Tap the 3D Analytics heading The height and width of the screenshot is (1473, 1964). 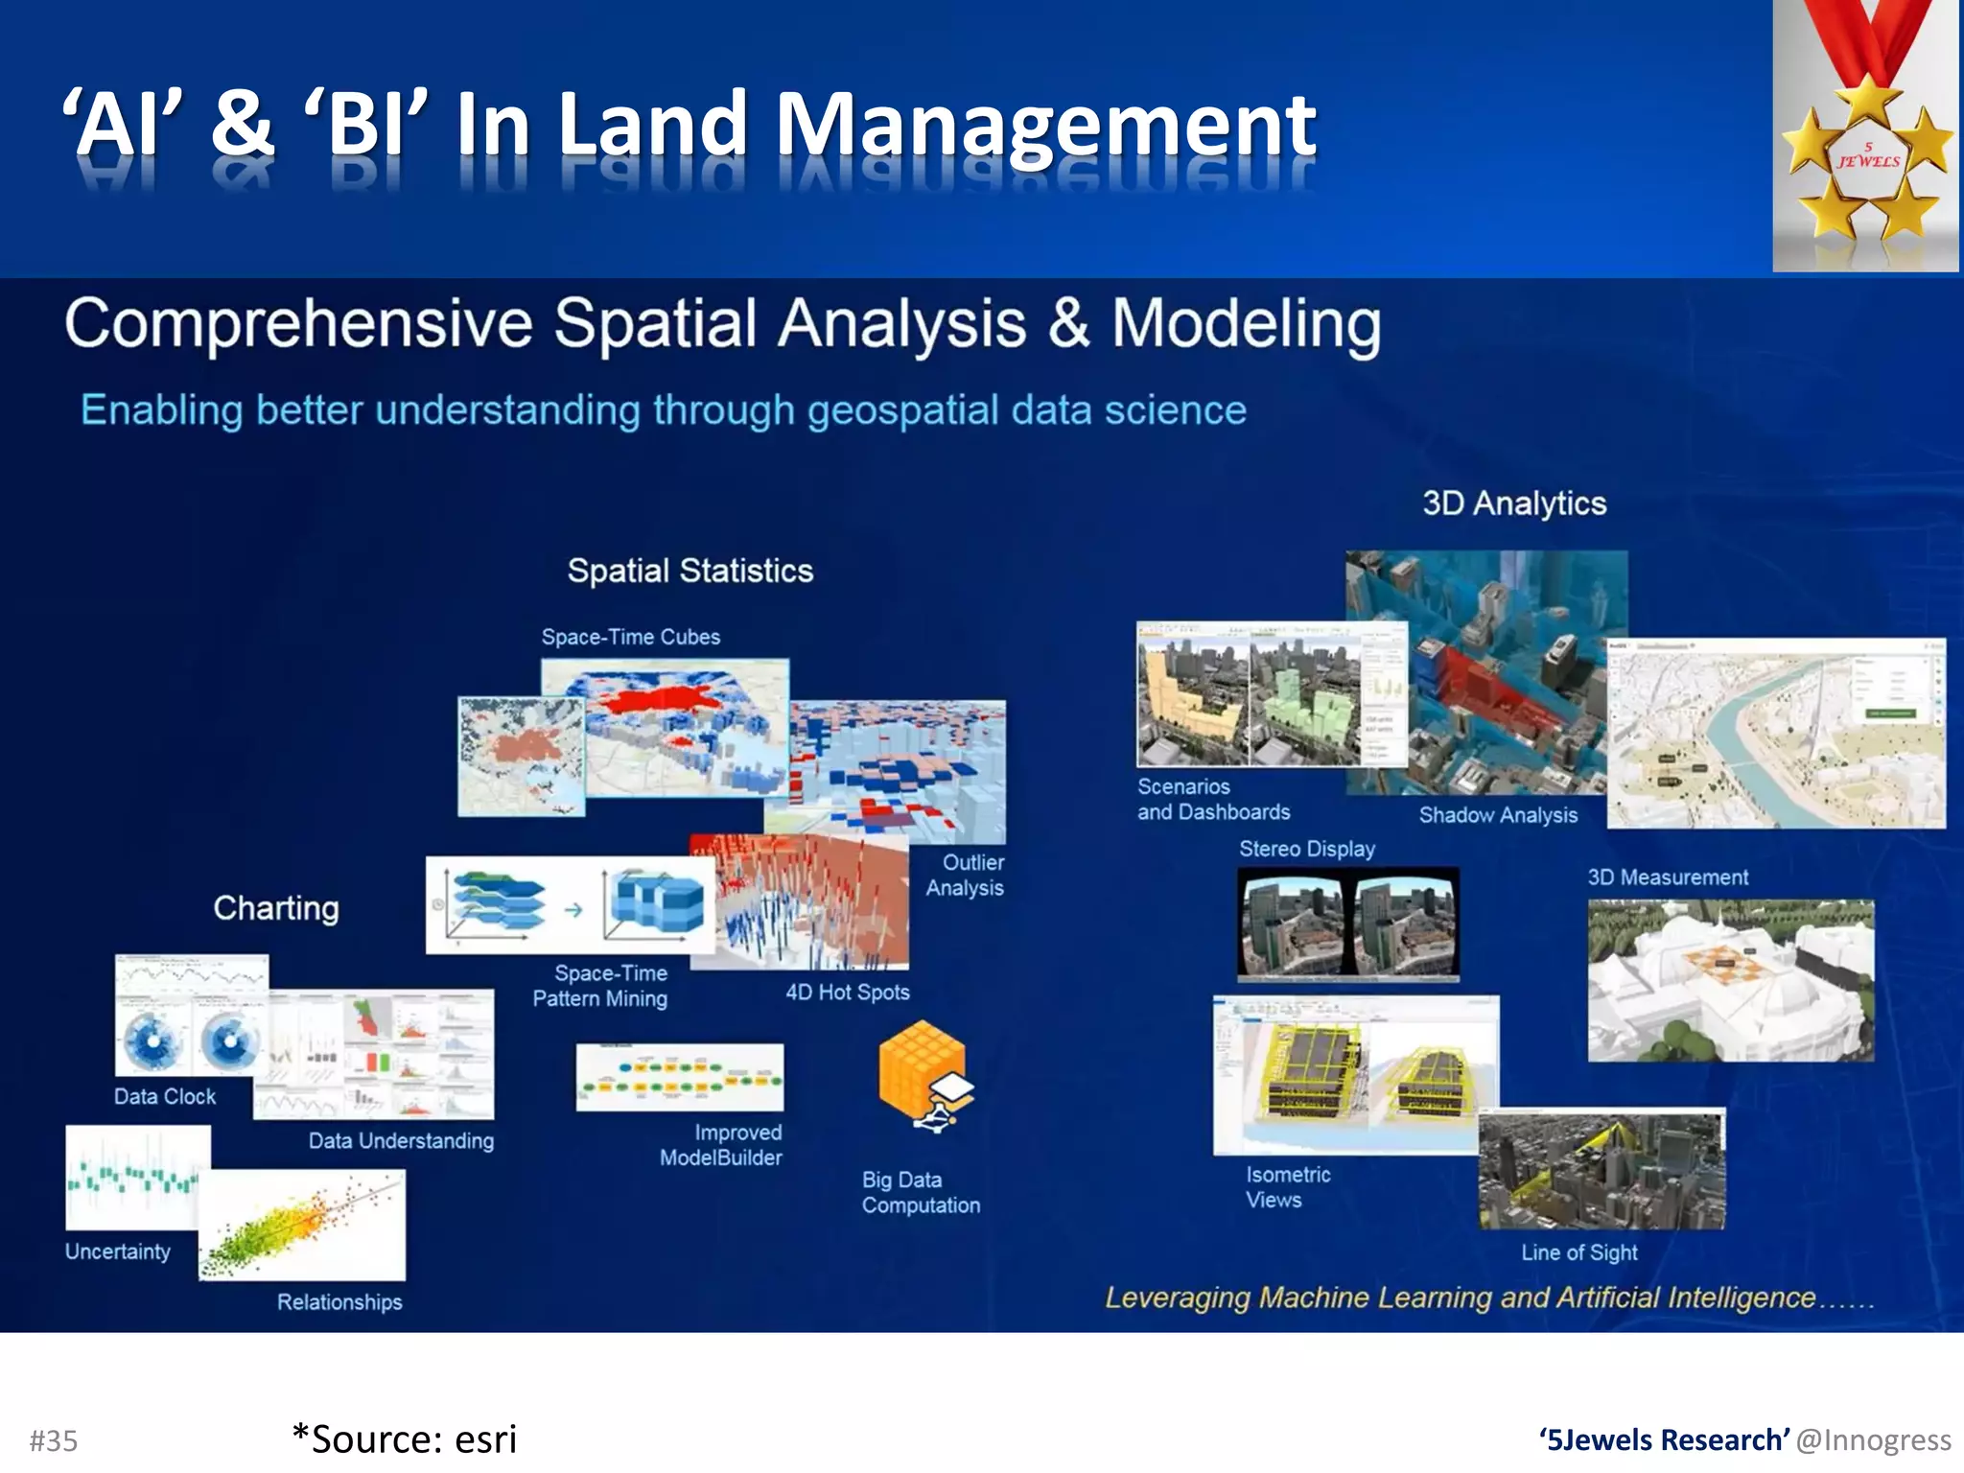[x=1513, y=503]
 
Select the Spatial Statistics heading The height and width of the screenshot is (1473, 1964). [x=690, y=571]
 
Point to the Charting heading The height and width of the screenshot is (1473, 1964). [x=276, y=907]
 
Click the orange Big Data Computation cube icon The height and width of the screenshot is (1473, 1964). [x=923, y=1074]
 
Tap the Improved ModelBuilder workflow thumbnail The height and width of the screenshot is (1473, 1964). [x=679, y=1077]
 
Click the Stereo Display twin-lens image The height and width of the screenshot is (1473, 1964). [x=1347, y=924]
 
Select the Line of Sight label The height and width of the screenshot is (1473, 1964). [x=1578, y=1252]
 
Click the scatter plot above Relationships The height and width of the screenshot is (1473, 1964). [x=302, y=1225]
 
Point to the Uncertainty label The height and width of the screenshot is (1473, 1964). [x=117, y=1251]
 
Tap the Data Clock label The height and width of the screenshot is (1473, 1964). [x=164, y=1096]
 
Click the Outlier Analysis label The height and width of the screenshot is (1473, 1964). [x=965, y=875]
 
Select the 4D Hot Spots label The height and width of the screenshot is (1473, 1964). [x=847, y=993]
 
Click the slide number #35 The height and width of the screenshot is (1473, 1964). [x=54, y=1440]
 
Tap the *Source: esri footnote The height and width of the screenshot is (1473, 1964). [x=404, y=1438]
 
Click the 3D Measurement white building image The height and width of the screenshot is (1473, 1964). [x=1730, y=979]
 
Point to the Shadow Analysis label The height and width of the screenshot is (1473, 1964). [x=1498, y=815]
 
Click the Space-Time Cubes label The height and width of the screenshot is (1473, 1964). [x=630, y=637]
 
